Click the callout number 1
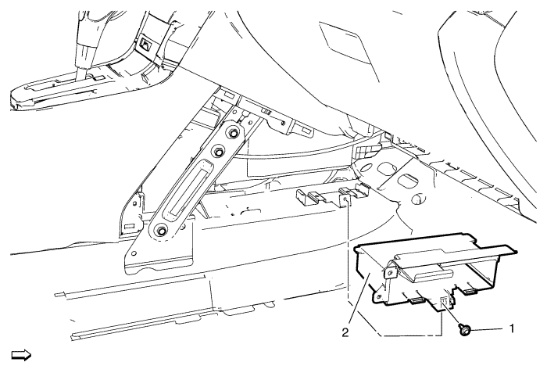coord(512,328)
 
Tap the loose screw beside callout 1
coord(465,332)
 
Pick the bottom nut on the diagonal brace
coord(159,229)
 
